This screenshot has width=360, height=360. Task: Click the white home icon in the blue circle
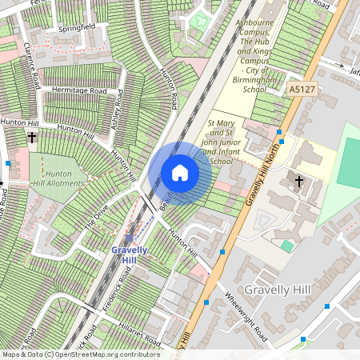(180, 173)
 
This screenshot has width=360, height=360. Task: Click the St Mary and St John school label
(209, 142)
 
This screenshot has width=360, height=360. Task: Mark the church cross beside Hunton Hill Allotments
(32, 138)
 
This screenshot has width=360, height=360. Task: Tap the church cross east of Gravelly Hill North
(299, 182)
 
